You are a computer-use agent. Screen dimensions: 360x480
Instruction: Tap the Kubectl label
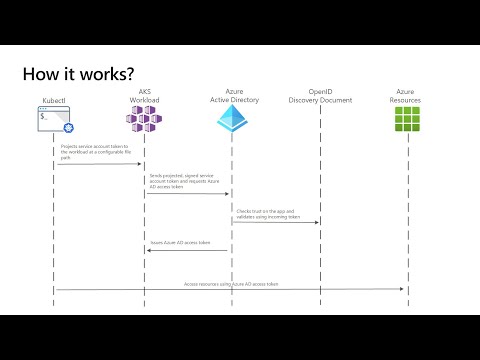[x=55, y=102]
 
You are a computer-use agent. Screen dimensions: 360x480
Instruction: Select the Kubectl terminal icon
[x=55, y=123]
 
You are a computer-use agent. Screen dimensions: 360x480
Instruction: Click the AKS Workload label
[x=145, y=97]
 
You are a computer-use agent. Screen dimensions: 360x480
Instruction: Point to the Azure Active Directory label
[x=230, y=97]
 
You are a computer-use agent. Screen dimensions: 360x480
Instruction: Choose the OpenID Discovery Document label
[x=320, y=97]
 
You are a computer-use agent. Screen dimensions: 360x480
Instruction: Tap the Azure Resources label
[x=405, y=97]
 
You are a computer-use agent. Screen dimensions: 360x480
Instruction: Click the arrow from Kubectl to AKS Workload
[x=100, y=165]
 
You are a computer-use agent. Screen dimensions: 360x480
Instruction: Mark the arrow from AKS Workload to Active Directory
[x=188, y=194]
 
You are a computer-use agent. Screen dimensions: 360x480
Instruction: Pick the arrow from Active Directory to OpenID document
[x=276, y=222]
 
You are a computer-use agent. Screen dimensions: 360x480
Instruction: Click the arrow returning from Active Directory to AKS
[x=188, y=251]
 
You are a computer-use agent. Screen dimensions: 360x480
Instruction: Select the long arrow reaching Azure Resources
[x=230, y=289]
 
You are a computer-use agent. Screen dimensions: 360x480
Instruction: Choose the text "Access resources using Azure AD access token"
[x=231, y=283]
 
